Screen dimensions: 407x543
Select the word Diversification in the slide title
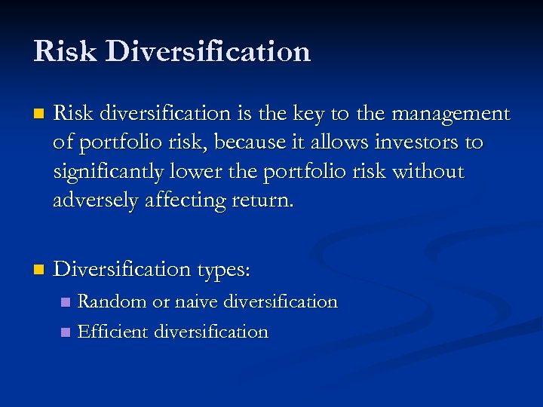(208, 51)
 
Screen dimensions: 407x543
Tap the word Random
(112, 301)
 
